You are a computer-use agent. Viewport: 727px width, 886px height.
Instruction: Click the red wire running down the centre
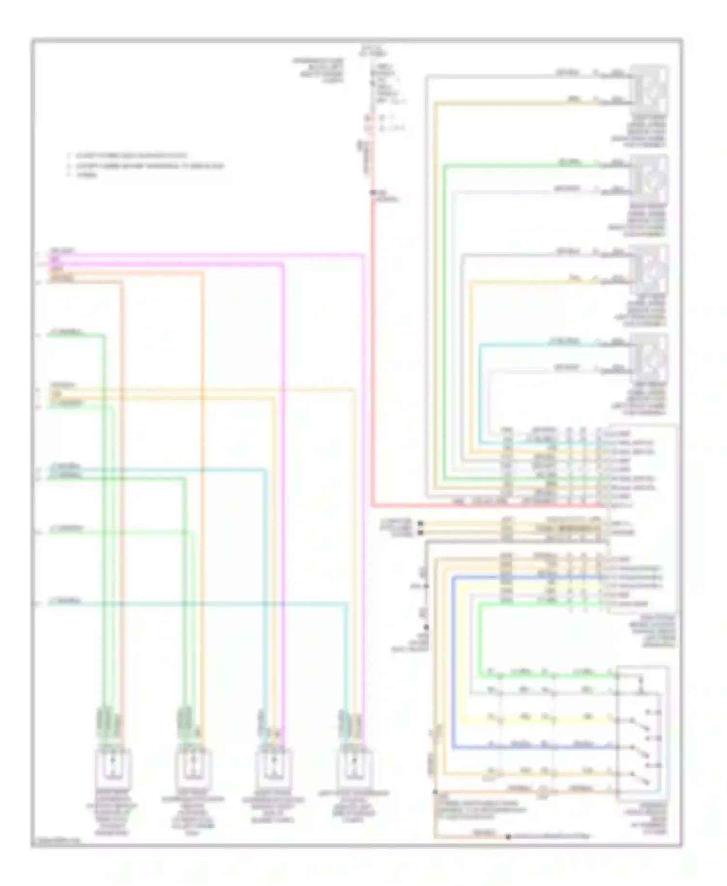pyautogui.click(x=372, y=339)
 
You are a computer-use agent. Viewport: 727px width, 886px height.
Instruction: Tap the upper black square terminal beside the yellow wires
pyautogui.click(x=420, y=523)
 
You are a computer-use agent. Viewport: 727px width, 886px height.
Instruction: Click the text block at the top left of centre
pyautogui.click(x=318, y=70)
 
